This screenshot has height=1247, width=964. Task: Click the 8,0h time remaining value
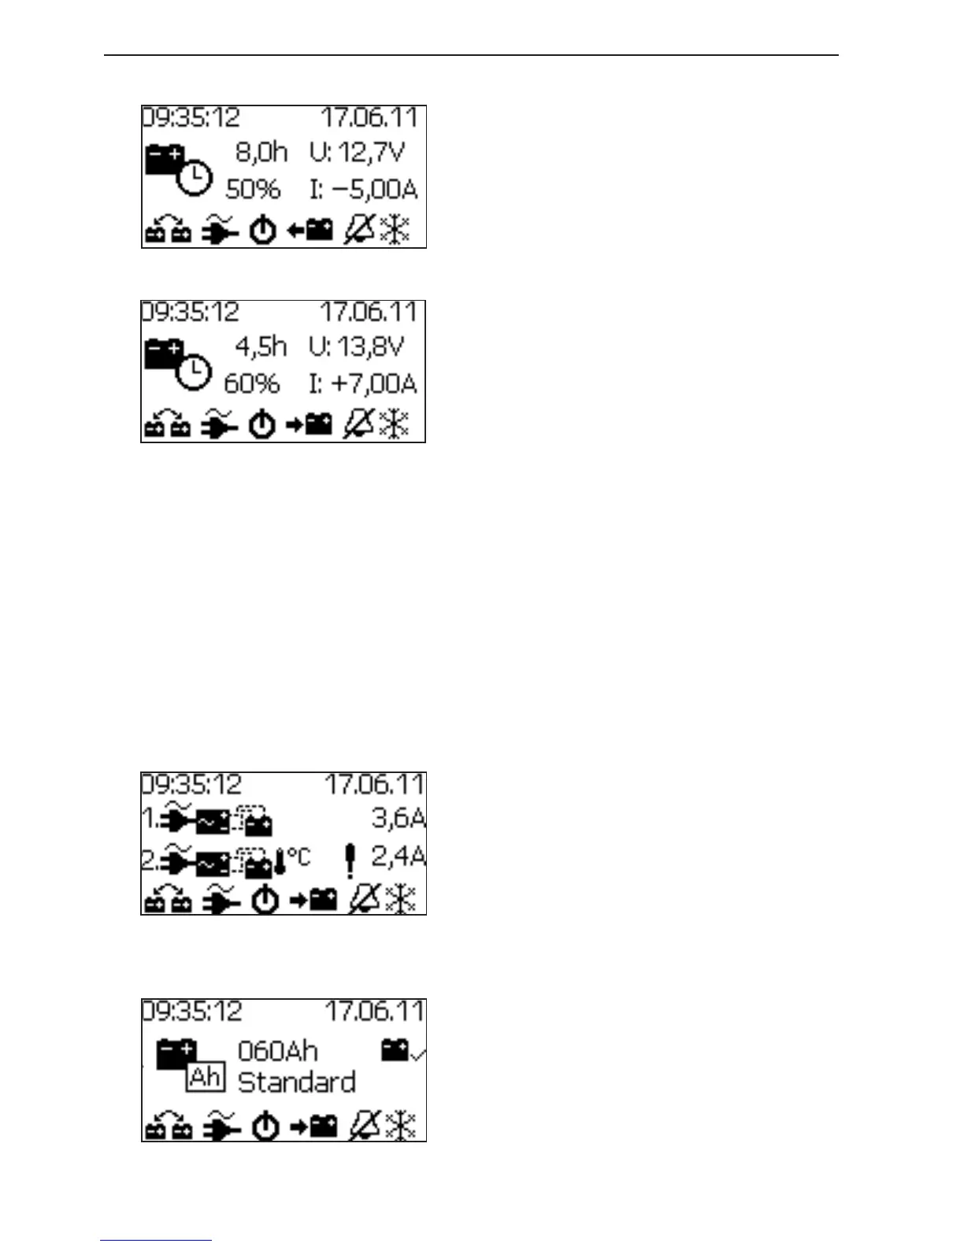[x=261, y=152]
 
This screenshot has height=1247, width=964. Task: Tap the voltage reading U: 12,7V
[x=357, y=152]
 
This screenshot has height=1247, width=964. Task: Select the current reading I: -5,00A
[x=363, y=190]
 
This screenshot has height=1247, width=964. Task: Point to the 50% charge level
[x=253, y=190]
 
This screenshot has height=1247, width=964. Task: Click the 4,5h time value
[x=261, y=346]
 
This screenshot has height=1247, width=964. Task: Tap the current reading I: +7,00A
[x=362, y=384]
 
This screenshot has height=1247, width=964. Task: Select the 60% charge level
[x=252, y=384]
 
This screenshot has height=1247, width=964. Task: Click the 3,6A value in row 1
[x=399, y=819]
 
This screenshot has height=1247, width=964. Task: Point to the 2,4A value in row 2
[x=399, y=857]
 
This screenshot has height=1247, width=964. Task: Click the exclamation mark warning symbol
[x=350, y=860]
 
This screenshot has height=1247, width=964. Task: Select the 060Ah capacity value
[x=278, y=1051]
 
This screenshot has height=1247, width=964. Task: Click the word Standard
[x=296, y=1082]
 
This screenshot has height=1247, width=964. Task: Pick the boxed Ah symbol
[x=206, y=1077]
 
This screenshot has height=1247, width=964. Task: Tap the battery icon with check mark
[x=402, y=1050]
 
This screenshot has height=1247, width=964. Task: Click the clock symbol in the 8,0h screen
[x=194, y=179]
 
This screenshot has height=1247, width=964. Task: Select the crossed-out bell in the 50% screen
[x=359, y=231]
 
